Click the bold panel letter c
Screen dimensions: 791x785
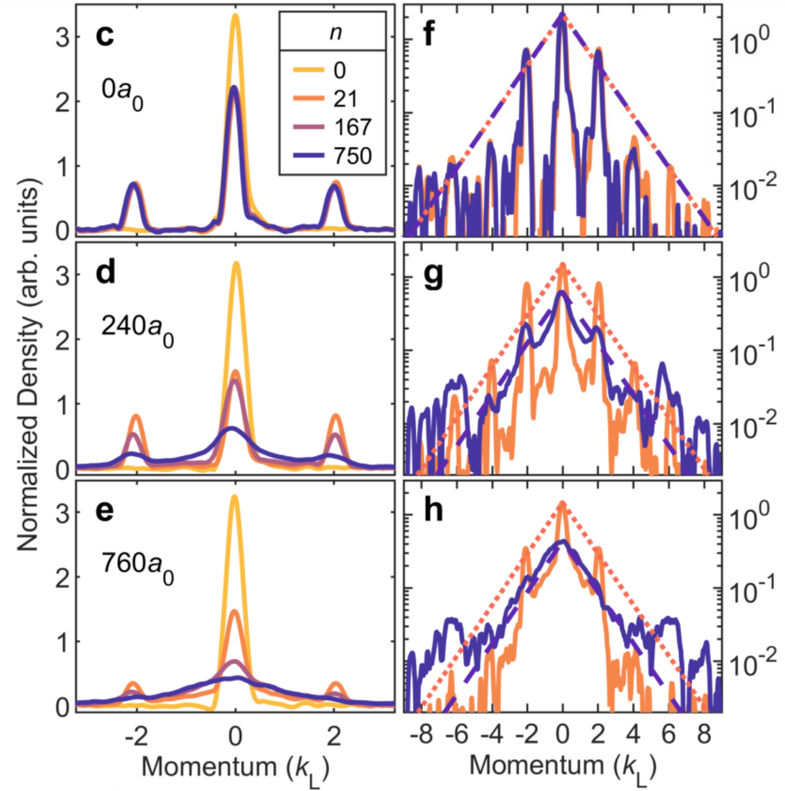click(x=105, y=34)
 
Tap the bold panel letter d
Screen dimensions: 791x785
click(x=105, y=272)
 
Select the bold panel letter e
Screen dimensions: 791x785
click(x=105, y=509)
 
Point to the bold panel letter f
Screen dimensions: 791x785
click(x=430, y=34)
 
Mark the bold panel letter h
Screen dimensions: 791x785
click(x=432, y=509)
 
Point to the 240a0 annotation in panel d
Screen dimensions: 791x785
click(x=137, y=328)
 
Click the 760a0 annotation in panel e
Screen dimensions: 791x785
click(x=137, y=565)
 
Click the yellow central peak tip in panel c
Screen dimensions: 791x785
click(x=235, y=16)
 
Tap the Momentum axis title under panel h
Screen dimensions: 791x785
click(x=563, y=767)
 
